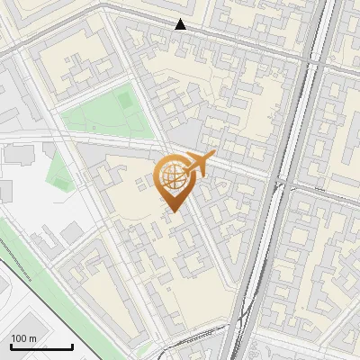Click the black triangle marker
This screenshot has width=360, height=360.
[x=181, y=24]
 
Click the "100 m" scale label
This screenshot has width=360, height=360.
[x=23, y=338]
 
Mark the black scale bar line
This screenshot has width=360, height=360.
[x=41, y=347]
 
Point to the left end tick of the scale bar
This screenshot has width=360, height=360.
[x=11, y=346]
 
